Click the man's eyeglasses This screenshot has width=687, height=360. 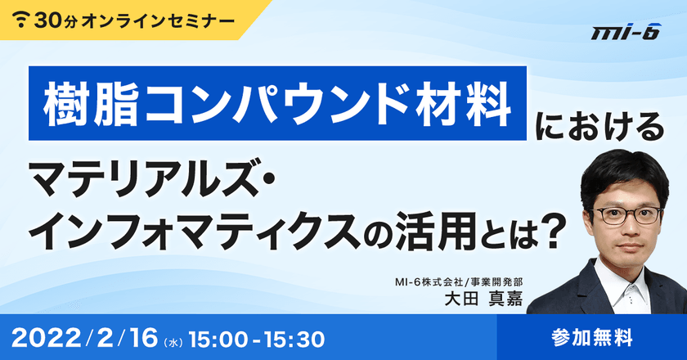626,216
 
